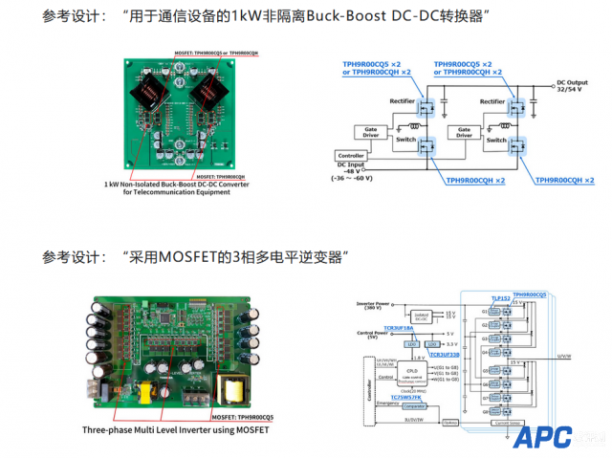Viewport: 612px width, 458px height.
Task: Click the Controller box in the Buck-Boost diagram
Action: [x=351, y=155]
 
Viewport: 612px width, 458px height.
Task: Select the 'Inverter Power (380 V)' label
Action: [x=370, y=305]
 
